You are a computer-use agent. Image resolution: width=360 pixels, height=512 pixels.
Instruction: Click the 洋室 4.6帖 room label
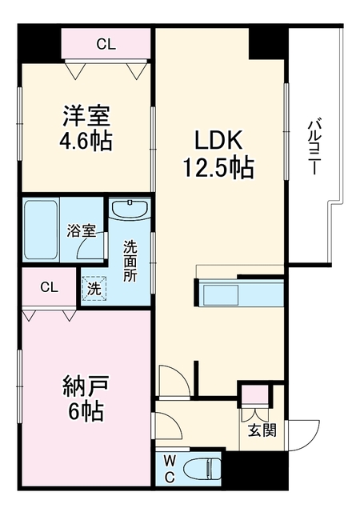(x=86, y=128)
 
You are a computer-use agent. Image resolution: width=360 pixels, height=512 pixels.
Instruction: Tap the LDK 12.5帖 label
(x=218, y=154)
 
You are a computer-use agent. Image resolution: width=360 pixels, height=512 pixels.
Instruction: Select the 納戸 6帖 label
(x=86, y=398)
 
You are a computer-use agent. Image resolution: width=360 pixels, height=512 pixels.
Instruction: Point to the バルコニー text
(x=314, y=147)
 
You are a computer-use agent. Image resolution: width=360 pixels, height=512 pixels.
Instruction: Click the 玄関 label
(x=262, y=430)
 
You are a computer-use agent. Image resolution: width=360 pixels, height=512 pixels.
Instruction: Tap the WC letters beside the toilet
(x=169, y=470)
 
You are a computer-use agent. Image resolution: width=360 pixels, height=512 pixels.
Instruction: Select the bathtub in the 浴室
(x=41, y=230)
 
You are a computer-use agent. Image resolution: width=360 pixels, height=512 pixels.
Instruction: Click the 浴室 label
(x=82, y=231)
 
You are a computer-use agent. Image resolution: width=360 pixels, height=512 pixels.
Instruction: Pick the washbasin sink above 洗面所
(x=130, y=210)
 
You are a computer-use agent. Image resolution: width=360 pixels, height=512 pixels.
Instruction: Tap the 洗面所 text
(x=130, y=262)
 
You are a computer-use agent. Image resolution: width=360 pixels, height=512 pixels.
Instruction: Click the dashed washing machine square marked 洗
(x=94, y=289)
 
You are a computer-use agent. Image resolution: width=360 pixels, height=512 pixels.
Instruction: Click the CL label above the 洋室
(x=106, y=44)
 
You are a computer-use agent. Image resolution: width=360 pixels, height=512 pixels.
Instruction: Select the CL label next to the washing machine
(x=50, y=287)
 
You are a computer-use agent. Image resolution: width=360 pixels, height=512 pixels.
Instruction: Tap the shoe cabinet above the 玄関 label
(x=255, y=395)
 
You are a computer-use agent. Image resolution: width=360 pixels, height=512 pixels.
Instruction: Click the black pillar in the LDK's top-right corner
(x=266, y=43)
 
